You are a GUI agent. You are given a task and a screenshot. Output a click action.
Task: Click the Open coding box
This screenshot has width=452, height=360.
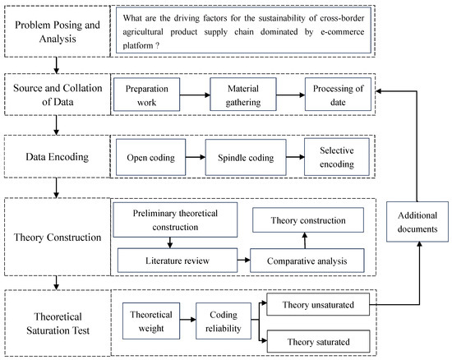pos(149,155)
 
